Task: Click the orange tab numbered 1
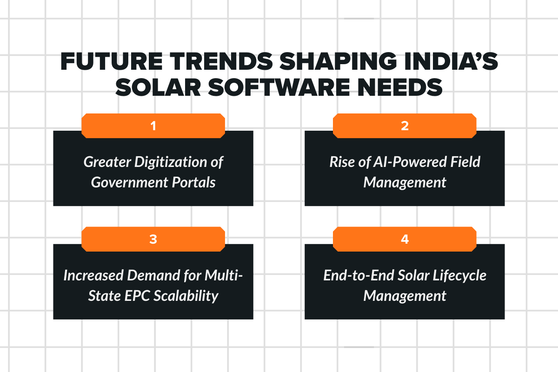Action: [153, 126]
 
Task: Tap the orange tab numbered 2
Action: [405, 126]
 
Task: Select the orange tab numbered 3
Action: [153, 239]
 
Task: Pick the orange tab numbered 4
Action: [405, 239]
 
